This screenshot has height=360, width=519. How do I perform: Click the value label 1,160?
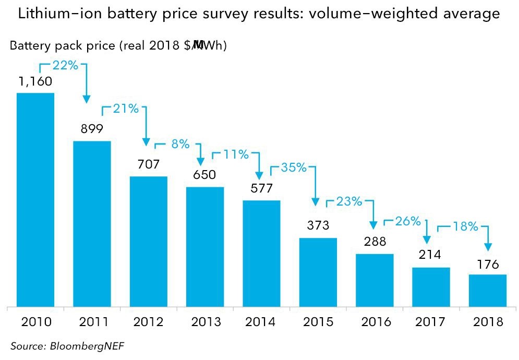pyautogui.click(x=36, y=81)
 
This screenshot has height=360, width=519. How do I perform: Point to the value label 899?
pyautogui.click(x=92, y=129)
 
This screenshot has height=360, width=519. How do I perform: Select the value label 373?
pyautogui.click(x=318, y=225)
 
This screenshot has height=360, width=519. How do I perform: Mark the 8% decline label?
pyautogui.click(x=180, y=144)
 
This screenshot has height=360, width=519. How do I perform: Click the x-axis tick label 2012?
pyautogui.click(x=149, y=322)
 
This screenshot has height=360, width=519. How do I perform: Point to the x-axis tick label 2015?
pyautogui.click(x=318, y=322)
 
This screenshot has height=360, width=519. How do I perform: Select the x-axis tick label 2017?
pyautogui.click(x=431, y=322)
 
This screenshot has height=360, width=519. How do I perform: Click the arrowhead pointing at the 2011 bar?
pyautogui.click(x=86, y=98)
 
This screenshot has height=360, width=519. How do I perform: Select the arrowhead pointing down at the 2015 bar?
pyautogui.click(x=315, y=201)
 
